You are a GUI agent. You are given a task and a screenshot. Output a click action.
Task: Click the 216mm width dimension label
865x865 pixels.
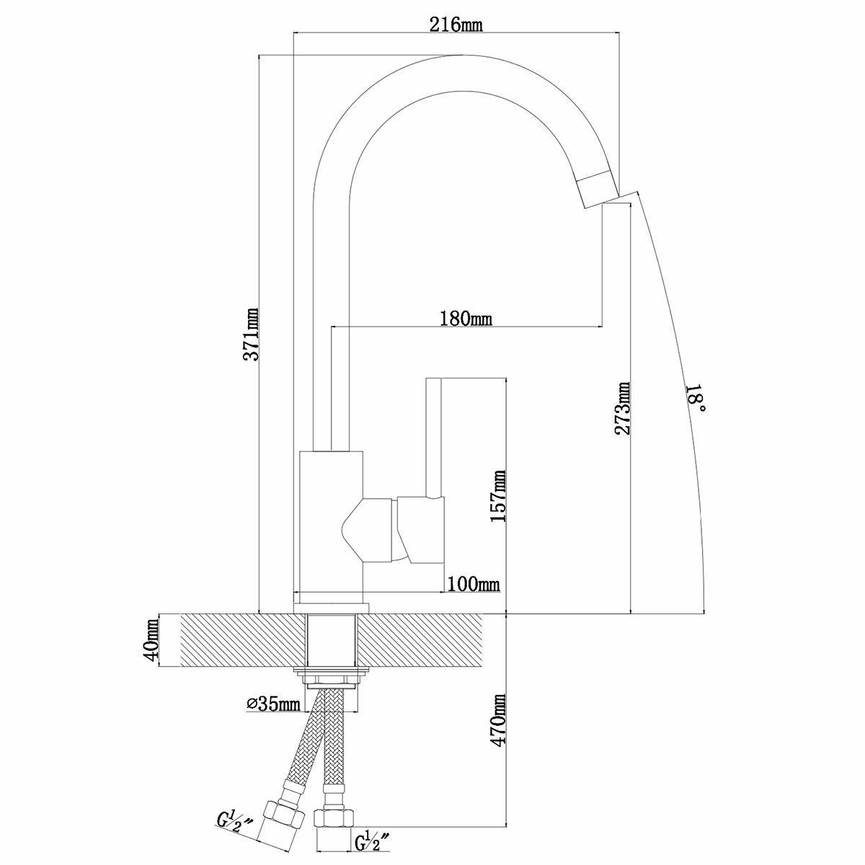pyautogui.click(x=456, y=25)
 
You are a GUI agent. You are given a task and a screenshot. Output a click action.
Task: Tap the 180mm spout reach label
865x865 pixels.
pyautogui.click(x=466, y=318)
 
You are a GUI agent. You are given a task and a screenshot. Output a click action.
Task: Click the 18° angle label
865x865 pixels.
pyautogui.click(x=695, y=399)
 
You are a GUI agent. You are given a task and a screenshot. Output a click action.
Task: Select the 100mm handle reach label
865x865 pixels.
pyautogui.click(x=474, y=584)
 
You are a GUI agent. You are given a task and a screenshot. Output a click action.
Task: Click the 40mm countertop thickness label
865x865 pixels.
pyautogui.click(x=151, y=640)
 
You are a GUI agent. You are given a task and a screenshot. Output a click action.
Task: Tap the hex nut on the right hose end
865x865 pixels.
pyautogui.click(x=334, y=820)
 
